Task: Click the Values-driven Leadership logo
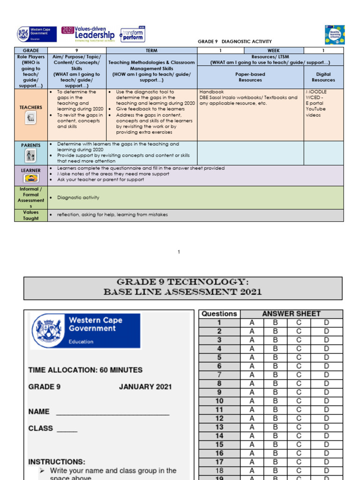coord(88,34)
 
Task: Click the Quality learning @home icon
coord(334,35)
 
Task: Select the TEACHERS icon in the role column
coord(30,118)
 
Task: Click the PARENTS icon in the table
coord(30,155)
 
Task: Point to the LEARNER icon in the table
coord(30,178)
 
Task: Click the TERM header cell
coord(151,50)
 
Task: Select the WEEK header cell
coord(274,50)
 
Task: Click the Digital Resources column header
coord(323,77)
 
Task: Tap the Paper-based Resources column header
coord(250,77)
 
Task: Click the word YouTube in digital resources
coord(315,109)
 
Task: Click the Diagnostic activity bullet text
coord(78,198)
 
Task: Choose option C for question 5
coord(299,358)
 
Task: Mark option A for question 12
coord(252,419)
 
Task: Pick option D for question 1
coord(326,322)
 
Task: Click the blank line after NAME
coord(112,412)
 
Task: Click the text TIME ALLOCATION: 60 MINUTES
coord(85,370)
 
